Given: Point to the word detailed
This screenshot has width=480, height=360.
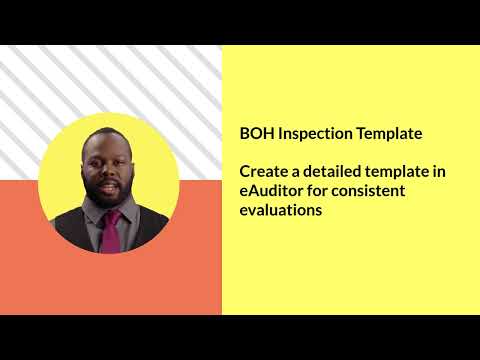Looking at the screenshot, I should coord(335,172).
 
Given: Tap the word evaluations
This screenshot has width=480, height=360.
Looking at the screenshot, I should coord(280,210).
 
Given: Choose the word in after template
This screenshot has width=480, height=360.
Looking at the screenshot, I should coord(440,172).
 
